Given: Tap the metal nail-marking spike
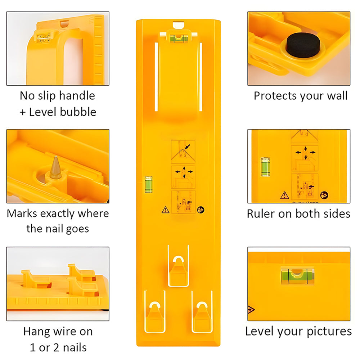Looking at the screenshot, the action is click(x=55, y=168).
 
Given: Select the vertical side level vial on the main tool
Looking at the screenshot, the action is click(x=148, y=184).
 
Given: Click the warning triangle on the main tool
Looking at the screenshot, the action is click(x=165, y=210).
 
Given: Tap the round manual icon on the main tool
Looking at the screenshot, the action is click(x=201, y=210).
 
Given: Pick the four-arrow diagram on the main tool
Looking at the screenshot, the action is click(x=183, y=177).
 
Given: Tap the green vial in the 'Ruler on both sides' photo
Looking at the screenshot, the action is click(x=265, y=167).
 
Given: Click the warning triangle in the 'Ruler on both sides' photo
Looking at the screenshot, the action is click(x=285, y=195).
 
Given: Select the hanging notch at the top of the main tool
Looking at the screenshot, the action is click(x=179, y=25).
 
